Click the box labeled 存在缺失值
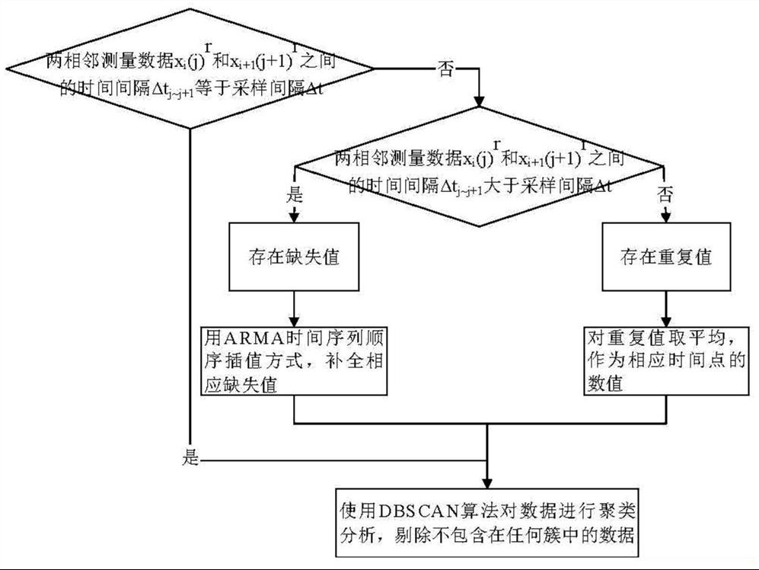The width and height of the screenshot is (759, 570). point(294,257)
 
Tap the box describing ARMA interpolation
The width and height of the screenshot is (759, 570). point(294,360)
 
